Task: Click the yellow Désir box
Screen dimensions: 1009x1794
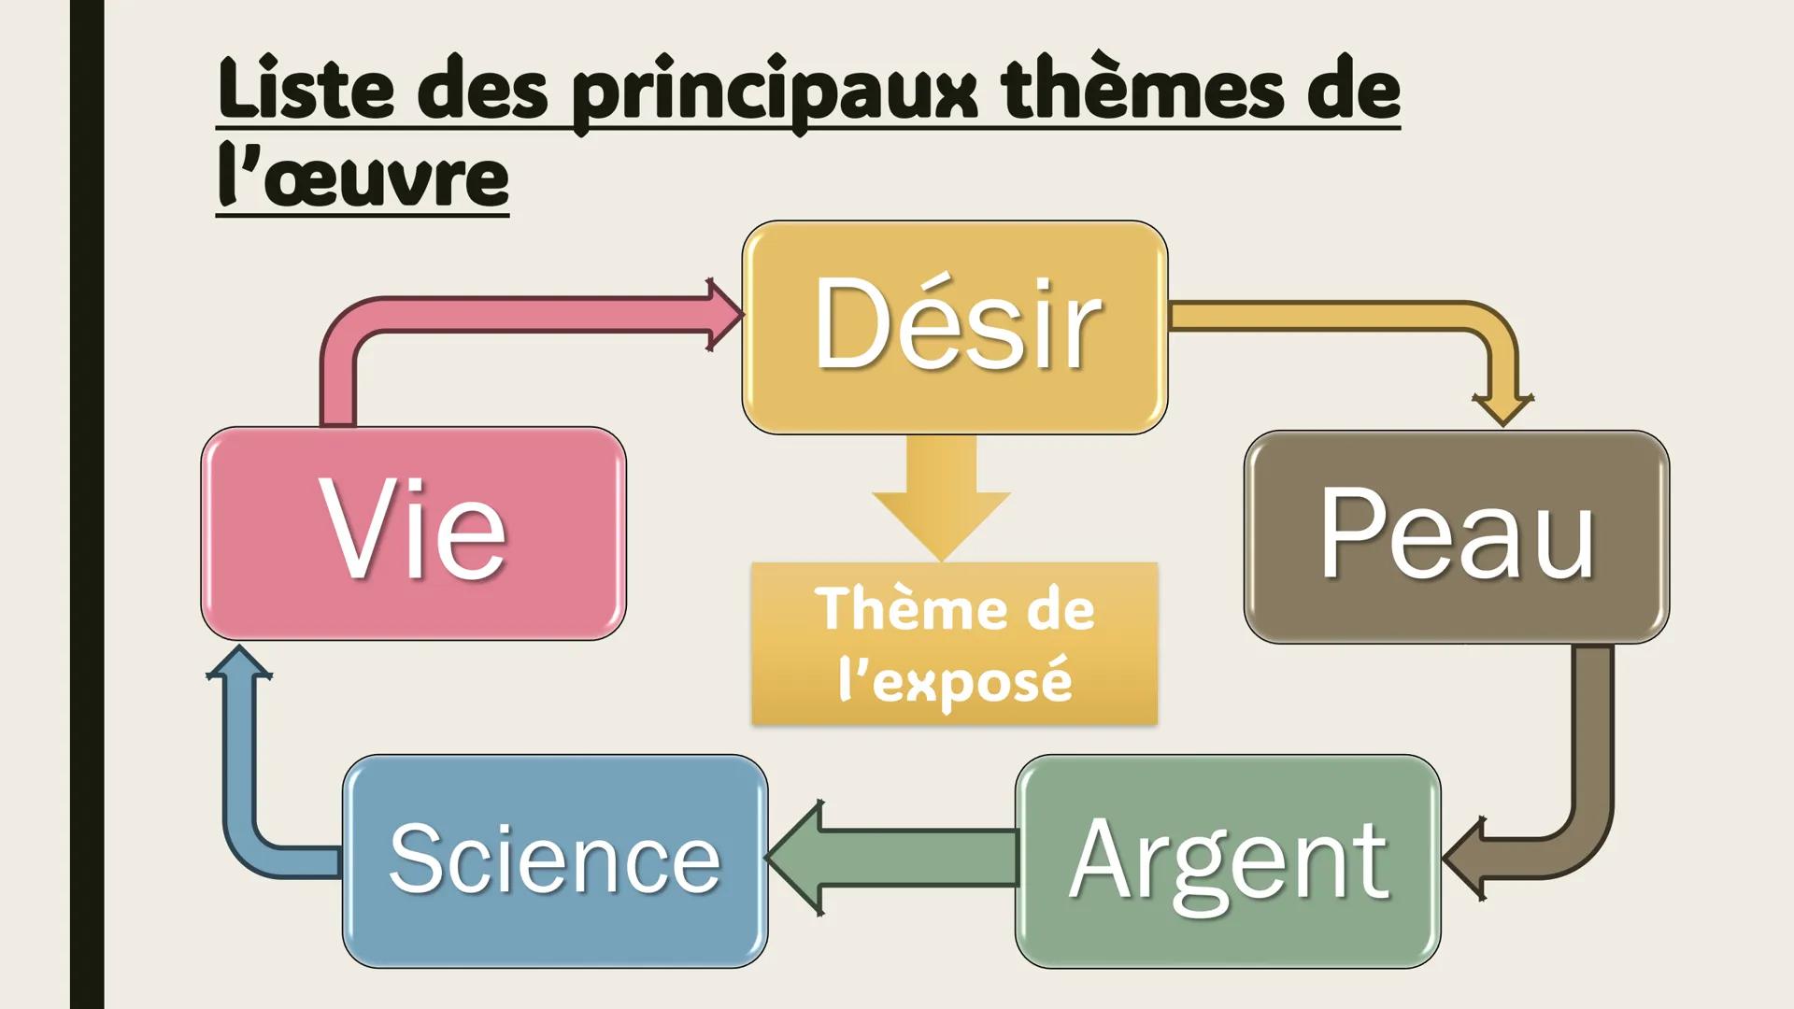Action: pyautogui.click(x=954, y=327)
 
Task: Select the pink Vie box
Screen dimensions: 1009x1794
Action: pyautogui.click(x=413, y=533)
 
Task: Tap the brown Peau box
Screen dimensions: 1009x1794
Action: pyautogui.click(x=1456, y=536)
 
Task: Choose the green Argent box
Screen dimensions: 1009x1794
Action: pyautogui.click(x=1227, y=860)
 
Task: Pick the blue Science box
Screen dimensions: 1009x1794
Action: pyautogui.click(x=554, y=860)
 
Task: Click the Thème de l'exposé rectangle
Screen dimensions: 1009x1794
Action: pyautogui.click(x=954, y=644)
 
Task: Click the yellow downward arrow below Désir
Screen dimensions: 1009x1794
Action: pyautogui.click(x=942, y=495)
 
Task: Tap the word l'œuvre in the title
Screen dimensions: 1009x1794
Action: pyautogui.click(x=363, y=178)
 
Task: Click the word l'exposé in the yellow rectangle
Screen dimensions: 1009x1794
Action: pyautogui.click(x=954, y=679)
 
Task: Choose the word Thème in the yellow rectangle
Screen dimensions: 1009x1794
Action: pyautogui.click(x=883, y=609)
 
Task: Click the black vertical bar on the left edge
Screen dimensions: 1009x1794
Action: pyautogui.click(x=87, y=504)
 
